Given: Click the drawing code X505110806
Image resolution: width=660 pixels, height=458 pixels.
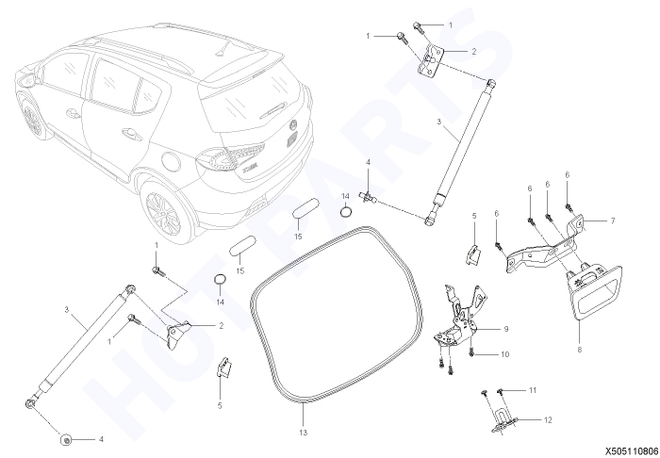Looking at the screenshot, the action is tap(632, 450).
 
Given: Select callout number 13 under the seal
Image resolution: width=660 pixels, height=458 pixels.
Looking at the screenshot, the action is tap(303, 433).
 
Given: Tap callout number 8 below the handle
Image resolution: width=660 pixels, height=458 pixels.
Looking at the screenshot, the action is tap(580, 349).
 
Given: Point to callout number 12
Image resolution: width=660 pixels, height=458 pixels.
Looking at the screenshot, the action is tap(548, 419).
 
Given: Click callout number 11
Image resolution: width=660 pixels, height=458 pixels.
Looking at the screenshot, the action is tap(533, 390).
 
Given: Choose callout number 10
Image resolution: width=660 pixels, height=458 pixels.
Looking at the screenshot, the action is tap(504, 354).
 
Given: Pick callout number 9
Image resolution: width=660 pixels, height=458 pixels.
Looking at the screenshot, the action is tap(506, 329).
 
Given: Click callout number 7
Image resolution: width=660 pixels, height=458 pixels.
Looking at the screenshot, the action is tap(613, 221).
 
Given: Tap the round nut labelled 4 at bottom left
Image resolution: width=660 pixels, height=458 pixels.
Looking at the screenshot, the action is tap(66, 440).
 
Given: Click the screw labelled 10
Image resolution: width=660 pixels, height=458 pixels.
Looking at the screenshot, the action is tap(471, 352).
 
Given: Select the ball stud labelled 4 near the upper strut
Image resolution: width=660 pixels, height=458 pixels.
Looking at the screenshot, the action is tap(368, 196).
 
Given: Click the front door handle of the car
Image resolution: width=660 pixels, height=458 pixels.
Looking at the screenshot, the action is tap(73, 113).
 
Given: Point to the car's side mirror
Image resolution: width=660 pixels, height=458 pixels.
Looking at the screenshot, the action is tap(26, 79).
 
